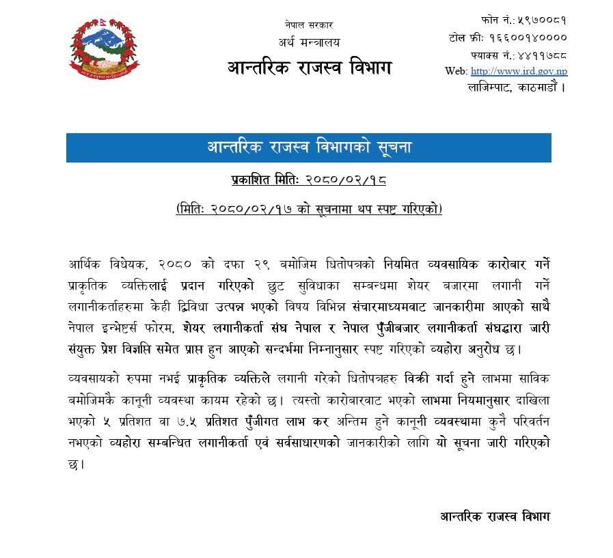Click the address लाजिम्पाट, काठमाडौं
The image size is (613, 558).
[517, 87]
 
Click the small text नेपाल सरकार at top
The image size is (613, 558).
[308, 25]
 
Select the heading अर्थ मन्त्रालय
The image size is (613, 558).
[309, 42]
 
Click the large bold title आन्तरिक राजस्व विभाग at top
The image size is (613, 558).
[310, 68]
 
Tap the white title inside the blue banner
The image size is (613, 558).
[309, 148]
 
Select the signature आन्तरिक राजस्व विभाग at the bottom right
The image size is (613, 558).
[495, 516]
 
